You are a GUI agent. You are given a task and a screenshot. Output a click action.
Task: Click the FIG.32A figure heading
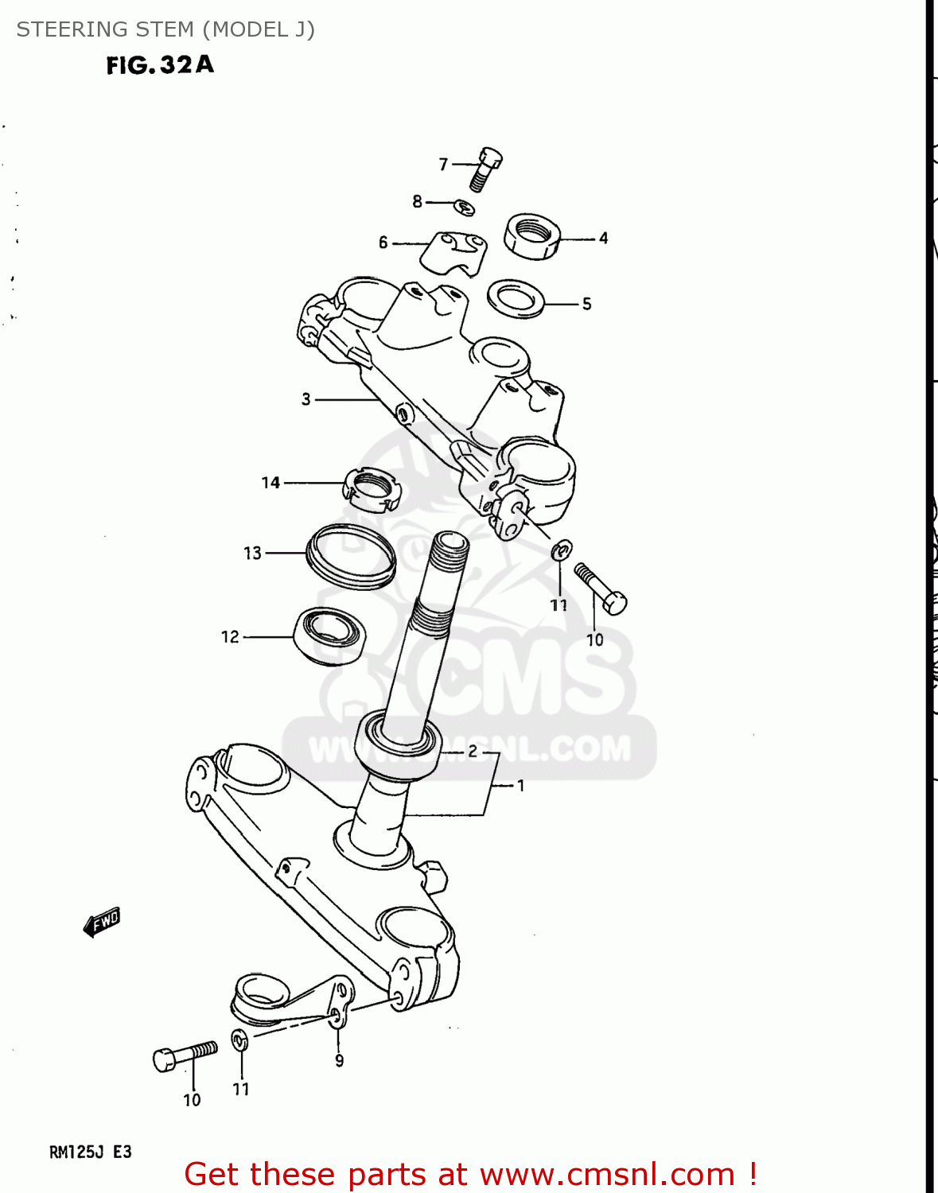(160, 64)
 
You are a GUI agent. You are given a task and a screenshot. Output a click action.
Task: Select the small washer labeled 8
(465, 208)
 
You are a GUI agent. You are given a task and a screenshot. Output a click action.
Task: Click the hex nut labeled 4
(531, 236)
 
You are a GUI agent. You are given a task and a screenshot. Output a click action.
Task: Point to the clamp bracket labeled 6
(453, 253)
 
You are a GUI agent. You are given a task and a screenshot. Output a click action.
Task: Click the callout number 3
(306, 399)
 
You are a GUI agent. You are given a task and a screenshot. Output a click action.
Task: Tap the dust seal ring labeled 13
(351, 556)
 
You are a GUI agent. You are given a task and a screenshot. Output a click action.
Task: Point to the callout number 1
(521, 786)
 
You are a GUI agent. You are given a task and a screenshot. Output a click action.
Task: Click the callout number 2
(473, 751)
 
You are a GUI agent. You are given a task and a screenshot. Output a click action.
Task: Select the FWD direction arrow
(102, 923)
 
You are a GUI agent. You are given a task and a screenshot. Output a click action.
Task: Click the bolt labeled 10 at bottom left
(185, 1055)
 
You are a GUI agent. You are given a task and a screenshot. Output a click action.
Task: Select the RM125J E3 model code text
(91, 1152)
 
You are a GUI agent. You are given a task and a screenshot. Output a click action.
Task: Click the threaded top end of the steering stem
(449, 549)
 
